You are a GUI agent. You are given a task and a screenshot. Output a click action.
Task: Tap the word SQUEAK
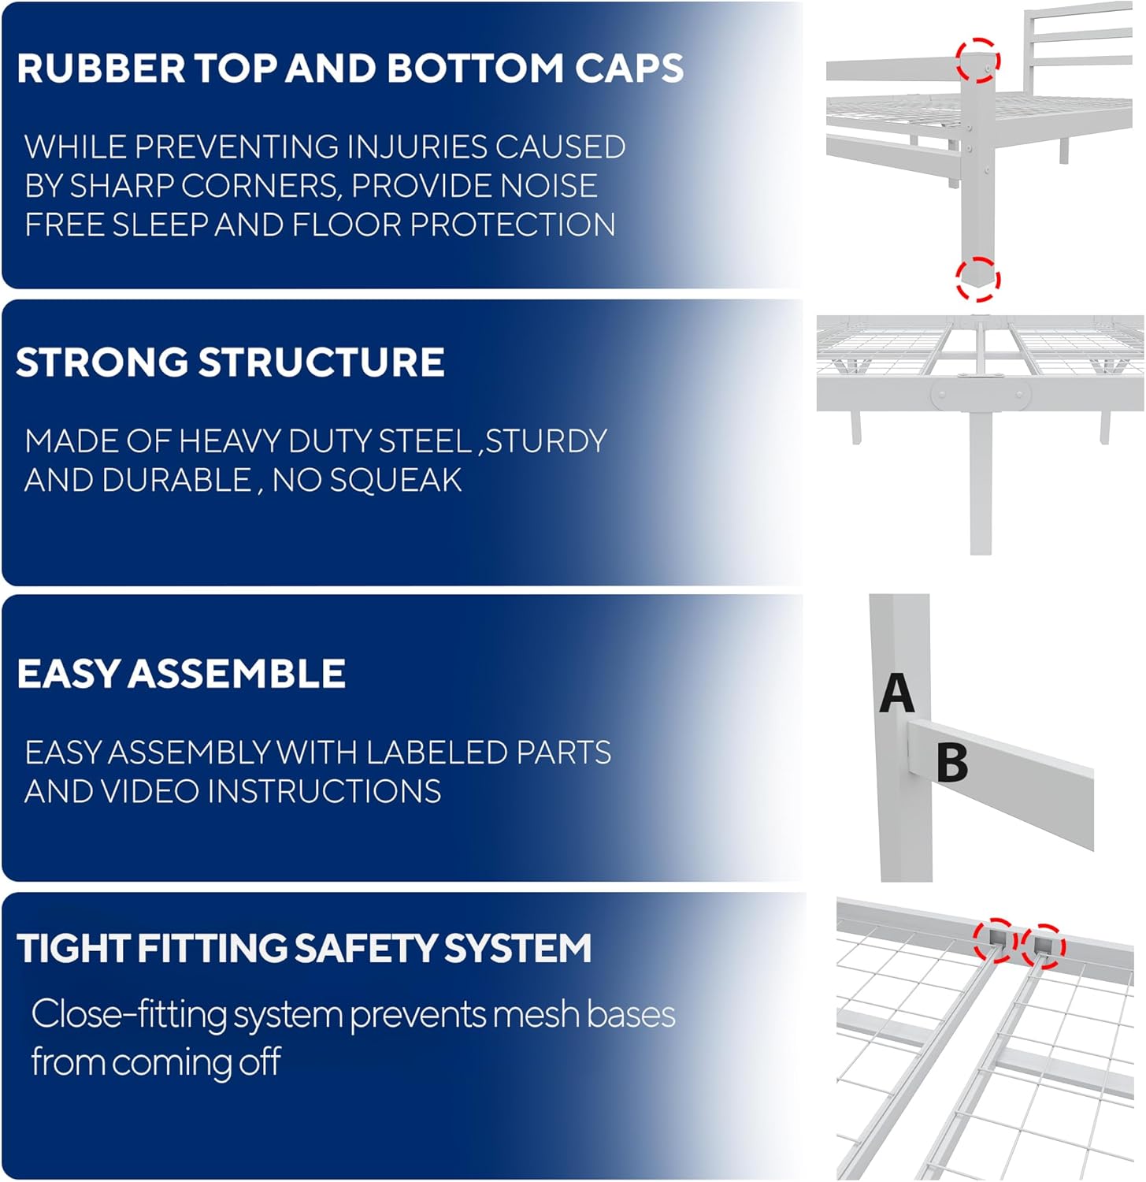click(395, 481)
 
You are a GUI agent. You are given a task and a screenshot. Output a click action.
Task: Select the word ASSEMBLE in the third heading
click(236, 675)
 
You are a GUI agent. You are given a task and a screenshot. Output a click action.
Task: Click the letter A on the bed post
click(896, 693)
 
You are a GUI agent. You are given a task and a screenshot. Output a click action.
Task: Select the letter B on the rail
click(952, 763)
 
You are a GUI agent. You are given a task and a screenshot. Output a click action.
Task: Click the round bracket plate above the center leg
click(981, 396)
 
